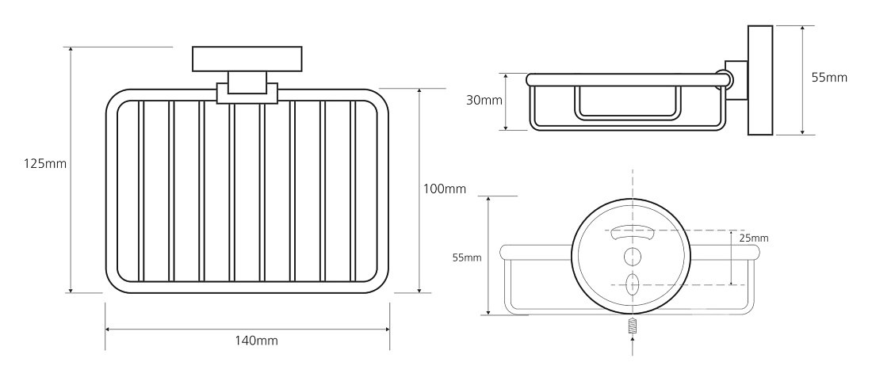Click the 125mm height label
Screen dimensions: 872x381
(45, 164)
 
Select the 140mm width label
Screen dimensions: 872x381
(256, 341)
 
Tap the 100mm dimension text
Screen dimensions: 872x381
(445, 189)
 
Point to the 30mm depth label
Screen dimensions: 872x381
(484, 101)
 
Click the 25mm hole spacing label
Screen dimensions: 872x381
(754, 238)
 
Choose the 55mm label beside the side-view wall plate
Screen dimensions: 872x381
(829, 78)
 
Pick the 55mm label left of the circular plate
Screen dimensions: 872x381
(467, 257)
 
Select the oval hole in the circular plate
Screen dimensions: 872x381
(633, 284)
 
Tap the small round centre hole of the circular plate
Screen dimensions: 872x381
(633, 257)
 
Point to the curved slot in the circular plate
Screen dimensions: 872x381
(632, 232)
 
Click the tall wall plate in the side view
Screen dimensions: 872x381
(760, 80)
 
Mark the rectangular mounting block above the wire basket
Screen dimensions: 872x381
(247, 59)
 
